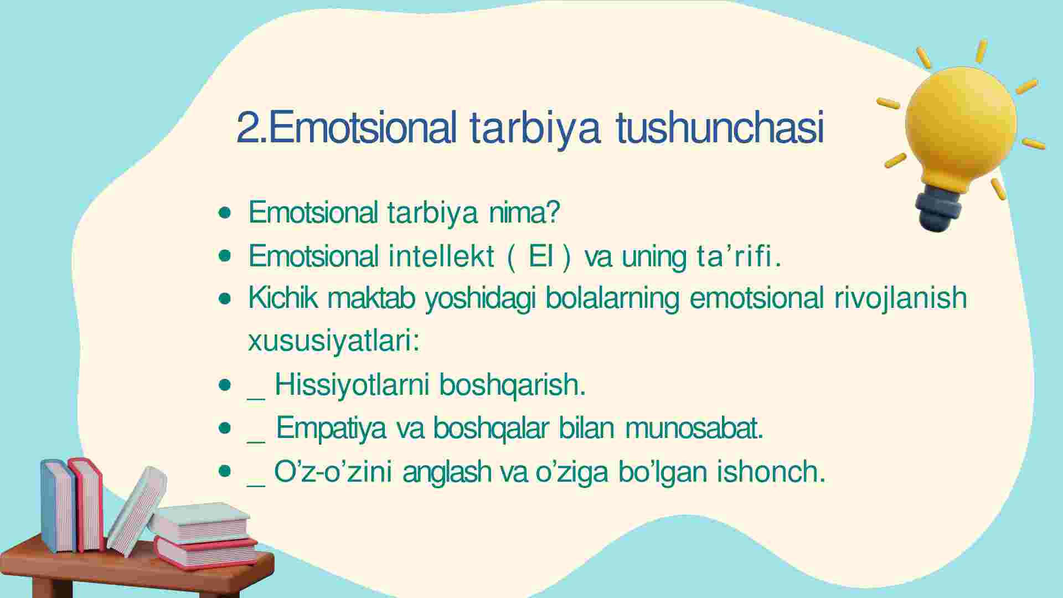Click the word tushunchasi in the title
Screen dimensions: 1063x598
720,128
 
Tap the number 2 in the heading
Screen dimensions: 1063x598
247,128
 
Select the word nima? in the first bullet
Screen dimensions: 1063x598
524,212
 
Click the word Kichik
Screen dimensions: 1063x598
282,298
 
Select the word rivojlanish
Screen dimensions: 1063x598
901,298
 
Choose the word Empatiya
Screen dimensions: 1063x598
331,428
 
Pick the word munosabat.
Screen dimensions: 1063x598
694,428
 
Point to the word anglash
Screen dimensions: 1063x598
447,472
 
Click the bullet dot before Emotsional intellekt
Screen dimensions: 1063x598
225,256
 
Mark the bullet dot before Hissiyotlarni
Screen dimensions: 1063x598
225,385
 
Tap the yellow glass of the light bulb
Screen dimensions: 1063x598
960,125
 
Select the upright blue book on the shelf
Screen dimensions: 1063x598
58,506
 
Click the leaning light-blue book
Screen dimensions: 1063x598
136,511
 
